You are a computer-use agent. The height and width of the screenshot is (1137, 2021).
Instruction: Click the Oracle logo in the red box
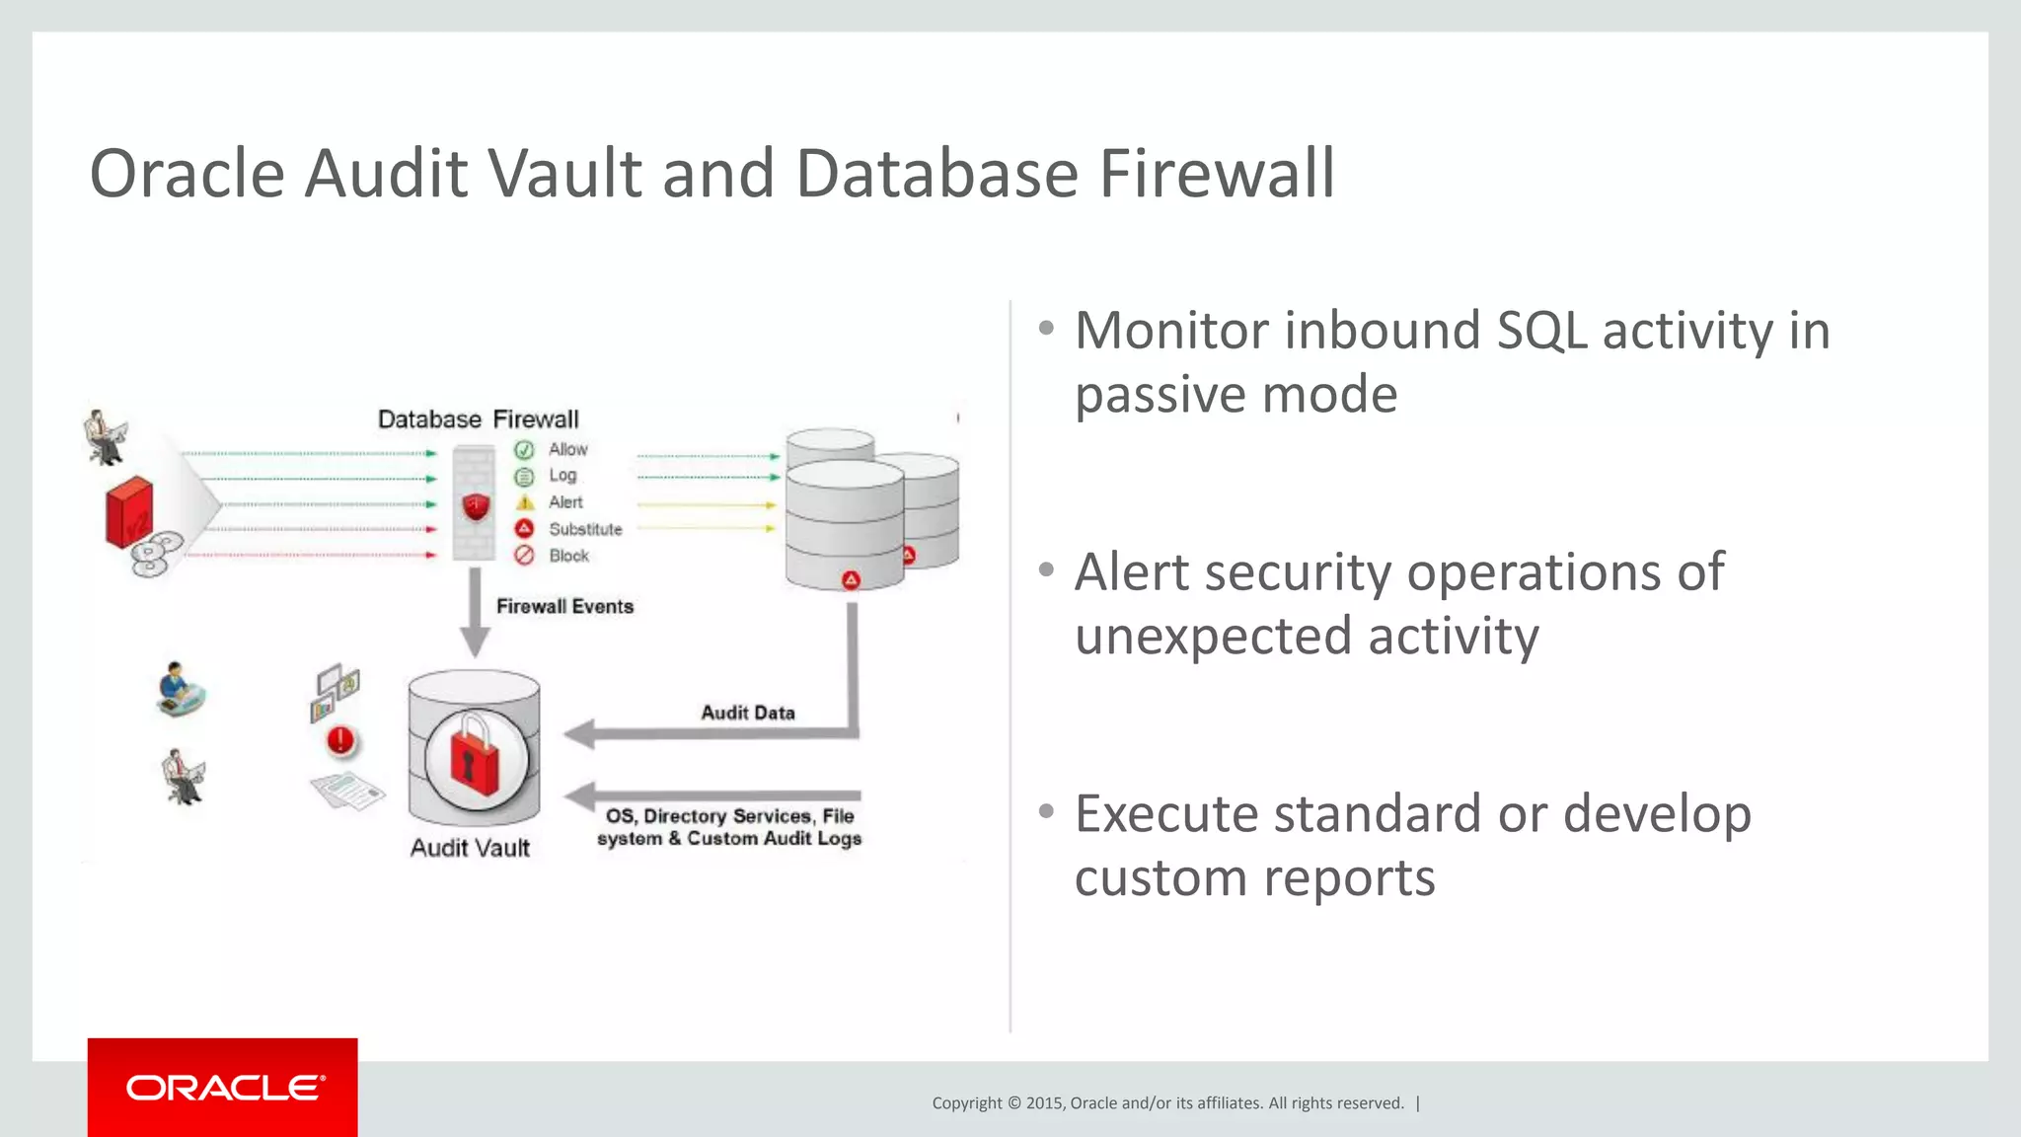point(224,1088)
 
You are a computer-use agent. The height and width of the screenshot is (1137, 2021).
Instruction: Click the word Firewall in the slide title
point(1217,174)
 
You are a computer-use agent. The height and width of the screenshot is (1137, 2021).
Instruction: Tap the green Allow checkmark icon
point(524,450)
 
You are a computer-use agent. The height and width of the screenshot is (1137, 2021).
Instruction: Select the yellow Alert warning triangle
point(525,502)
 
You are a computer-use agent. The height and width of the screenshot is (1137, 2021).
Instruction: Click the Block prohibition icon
point(524,556)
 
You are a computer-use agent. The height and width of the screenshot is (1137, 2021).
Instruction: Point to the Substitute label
point(585,529)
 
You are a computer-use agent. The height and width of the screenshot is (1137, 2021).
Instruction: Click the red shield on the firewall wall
point(476,507)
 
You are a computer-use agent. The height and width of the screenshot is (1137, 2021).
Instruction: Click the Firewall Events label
point(564,606)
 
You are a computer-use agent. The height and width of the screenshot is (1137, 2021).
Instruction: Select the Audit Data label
point(747,713)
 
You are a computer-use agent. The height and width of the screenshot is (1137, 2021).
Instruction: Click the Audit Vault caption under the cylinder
point(470,848)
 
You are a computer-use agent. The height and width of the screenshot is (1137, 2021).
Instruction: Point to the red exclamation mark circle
point(340,740)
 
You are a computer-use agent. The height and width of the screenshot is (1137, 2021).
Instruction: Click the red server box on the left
point(129,511)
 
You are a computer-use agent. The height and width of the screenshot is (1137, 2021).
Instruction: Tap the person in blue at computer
point(179,688)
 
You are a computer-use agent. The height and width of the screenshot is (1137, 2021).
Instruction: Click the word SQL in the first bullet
point(1541,331)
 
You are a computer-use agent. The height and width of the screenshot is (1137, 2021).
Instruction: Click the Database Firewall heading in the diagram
point(478,419)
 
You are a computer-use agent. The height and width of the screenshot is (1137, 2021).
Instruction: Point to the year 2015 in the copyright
point(1044,1103)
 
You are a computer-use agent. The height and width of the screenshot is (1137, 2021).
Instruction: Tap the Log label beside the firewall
point(562,476)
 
